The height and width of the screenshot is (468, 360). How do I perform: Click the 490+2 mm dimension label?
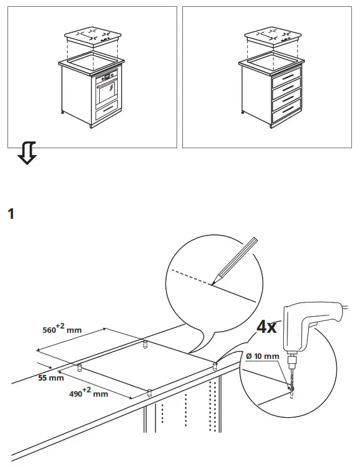(87, 392)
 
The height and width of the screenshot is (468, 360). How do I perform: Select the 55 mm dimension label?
(51, 377)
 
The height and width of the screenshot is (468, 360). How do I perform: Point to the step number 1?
(10, 215)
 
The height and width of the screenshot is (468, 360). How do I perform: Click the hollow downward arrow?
(27, 153)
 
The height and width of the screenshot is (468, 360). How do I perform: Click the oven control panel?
(108, 76)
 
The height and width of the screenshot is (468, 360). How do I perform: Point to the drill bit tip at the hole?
(291, 389)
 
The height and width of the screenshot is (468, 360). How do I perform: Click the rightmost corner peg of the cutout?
(215, 364)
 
